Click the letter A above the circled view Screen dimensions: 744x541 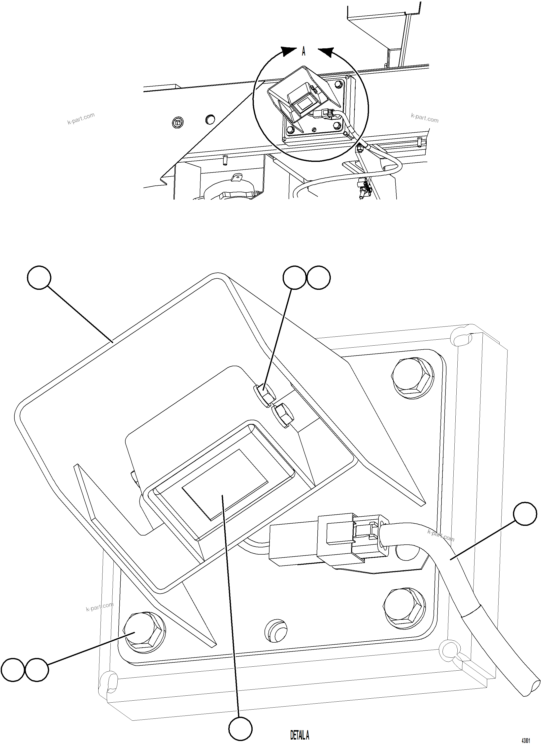click(x=303, y=52)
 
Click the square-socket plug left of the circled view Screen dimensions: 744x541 click(x=178, y=123)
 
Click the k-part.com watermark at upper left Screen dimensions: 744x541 click(x=81, y=119)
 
